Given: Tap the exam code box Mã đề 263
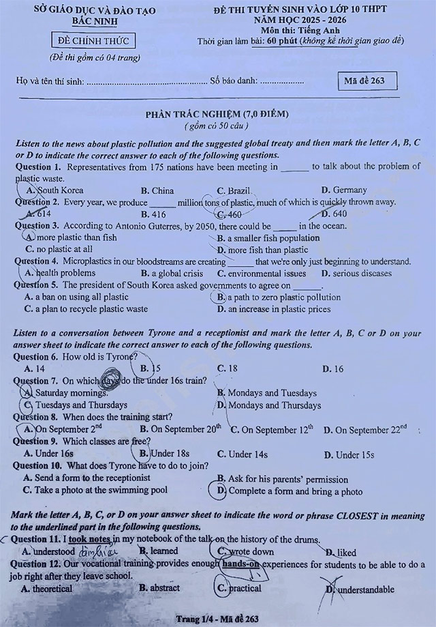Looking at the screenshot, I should [367, 81].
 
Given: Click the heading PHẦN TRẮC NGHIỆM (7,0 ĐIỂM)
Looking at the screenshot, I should [217, 114].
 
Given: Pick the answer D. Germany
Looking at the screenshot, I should [344, 190].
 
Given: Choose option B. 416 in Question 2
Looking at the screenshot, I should [153, 214].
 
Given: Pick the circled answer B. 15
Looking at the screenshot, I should [151, 369].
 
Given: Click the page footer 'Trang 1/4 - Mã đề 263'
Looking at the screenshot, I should [217, 619].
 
